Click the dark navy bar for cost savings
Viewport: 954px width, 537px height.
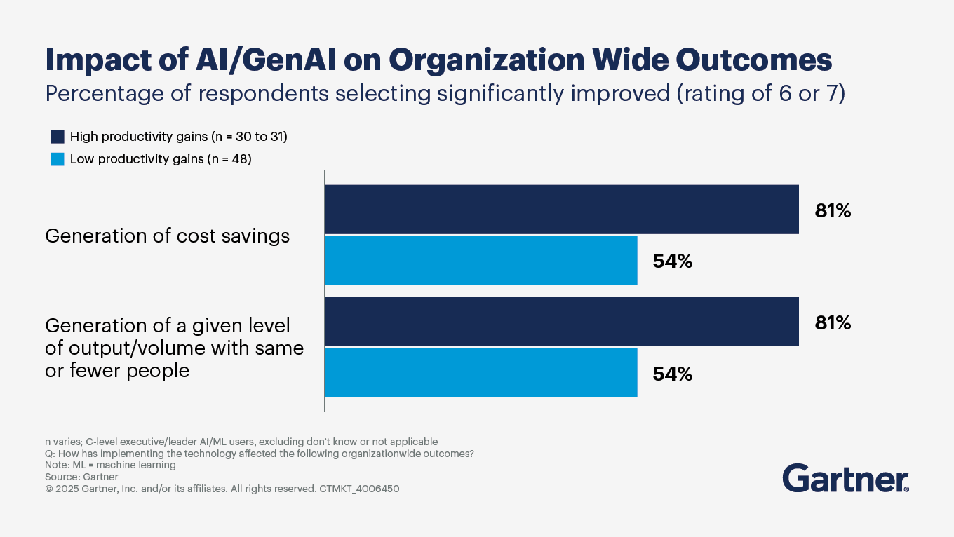coord(562,210)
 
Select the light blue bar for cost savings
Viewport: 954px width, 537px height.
coord(481,260)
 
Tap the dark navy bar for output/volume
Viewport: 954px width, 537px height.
coord(562,322)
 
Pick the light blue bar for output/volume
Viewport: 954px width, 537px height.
coord(481,372)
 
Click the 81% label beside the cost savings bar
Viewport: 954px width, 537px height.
coord(833,210)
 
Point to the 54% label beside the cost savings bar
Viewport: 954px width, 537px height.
coord(673,261)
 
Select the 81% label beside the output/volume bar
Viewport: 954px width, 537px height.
coord(833,322)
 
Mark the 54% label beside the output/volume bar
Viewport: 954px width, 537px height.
coord(673,374)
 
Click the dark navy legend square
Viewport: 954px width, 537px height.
coord(58,137)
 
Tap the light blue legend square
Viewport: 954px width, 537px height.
coord(58,159)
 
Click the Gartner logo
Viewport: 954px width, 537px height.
coord(846,478)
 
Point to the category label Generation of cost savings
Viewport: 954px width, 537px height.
coord(167,236)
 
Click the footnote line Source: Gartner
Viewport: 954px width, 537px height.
coord(81,477)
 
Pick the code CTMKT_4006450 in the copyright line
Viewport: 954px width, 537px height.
coord(358,489)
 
